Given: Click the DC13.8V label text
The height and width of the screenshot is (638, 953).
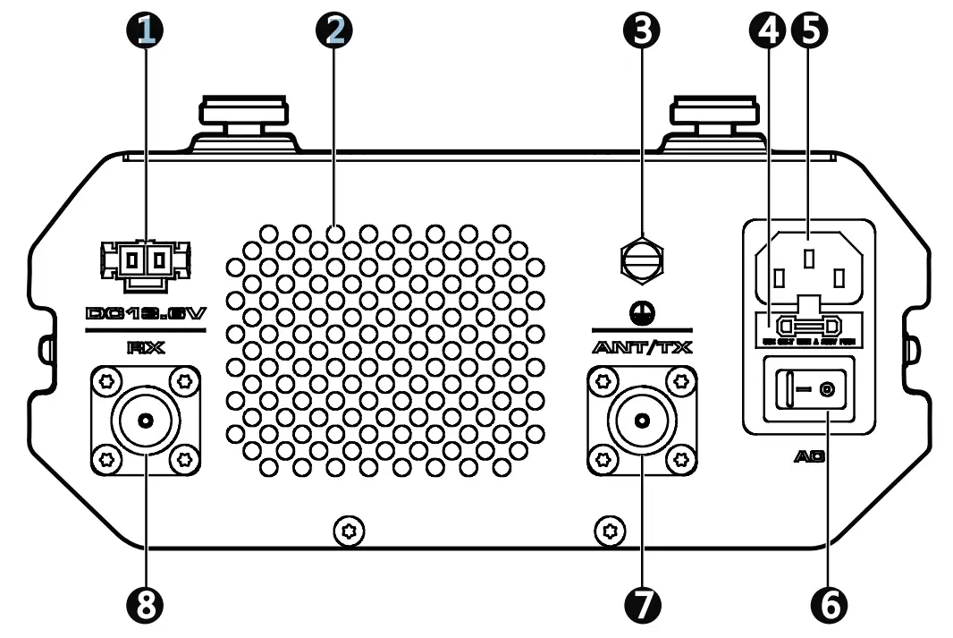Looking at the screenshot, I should point(146,314).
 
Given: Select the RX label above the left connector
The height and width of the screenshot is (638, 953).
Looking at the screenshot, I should point(146,348).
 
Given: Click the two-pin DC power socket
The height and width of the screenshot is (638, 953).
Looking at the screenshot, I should point(146,262).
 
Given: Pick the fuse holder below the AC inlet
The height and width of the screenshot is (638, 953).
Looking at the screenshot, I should point(807,326).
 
